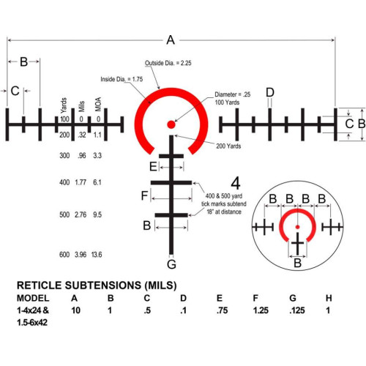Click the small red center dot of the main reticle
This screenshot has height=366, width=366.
click(x=171, y=124)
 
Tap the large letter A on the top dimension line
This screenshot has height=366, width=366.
click(x=171, y=40)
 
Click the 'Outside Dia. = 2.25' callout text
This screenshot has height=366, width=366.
click(x=168, y=63)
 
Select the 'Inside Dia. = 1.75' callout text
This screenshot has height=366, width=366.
click(x=122, y=79)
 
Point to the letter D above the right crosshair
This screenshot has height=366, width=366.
click(x=270, y=92)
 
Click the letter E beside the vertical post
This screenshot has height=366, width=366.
click(x=153, y=167)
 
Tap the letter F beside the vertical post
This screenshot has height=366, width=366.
click(x=144, y=195)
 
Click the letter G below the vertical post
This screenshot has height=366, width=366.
click(x=171, y=264)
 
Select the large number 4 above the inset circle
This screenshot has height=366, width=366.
click(x=236, y=183)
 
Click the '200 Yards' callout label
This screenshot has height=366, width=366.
click(x=228, y=146)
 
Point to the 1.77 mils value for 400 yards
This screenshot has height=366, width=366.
click(x=81, y=182)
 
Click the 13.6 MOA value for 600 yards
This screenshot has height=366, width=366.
click(x=97, y=255)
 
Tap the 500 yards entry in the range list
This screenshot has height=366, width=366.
click(x=64, y=214)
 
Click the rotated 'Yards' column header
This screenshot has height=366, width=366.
click(x=64, y=105)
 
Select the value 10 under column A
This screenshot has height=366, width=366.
click(x=76, y=310)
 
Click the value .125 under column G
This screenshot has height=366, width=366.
click(x=297, y=310)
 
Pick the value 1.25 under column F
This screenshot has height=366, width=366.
click(x=261, y=310)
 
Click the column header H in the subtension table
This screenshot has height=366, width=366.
click(x=329, y=298)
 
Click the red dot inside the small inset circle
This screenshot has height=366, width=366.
click(x=297, y=227)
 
